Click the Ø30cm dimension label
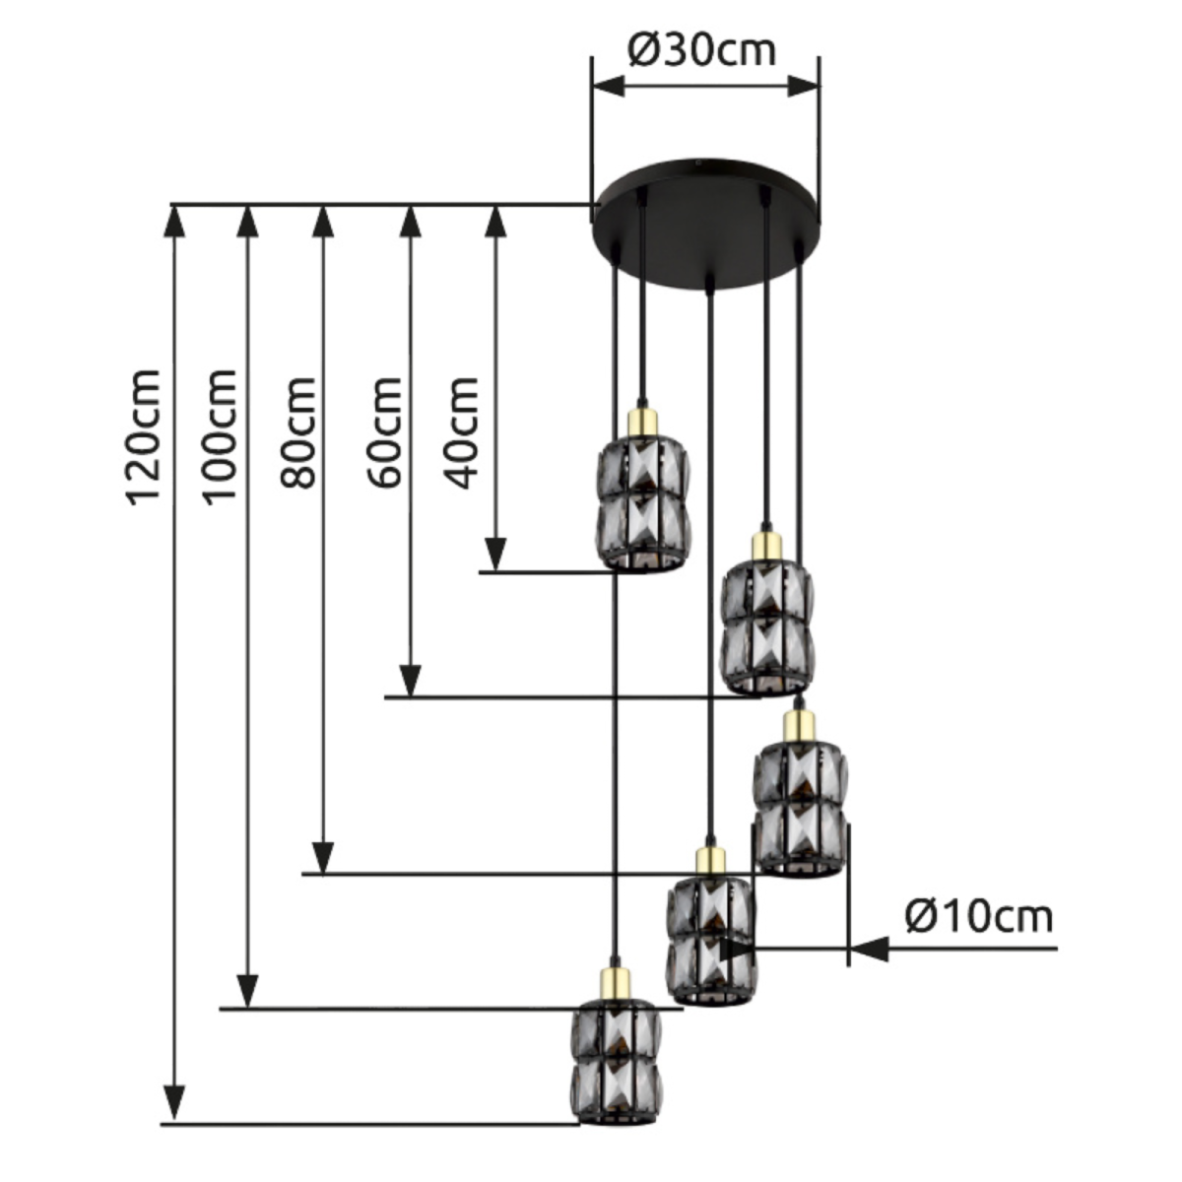(702, 48)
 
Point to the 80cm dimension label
(297, 433)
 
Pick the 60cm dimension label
(382, 433)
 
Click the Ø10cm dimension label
(978, 917)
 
